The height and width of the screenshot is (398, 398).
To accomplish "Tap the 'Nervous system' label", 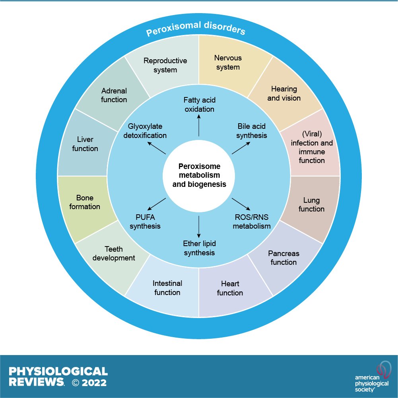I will [x=228, y=62].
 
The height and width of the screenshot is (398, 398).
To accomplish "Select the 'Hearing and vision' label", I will [x=284, y=93].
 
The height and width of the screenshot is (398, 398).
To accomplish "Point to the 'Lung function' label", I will [x=311, y=205].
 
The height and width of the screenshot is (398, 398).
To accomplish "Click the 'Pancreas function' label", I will [x=283, y=258].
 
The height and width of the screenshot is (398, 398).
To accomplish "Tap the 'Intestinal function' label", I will [x=167, y=288].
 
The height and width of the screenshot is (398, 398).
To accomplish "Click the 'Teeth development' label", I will [x=114, y=254].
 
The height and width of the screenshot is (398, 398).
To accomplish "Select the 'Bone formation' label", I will [x=84, y=202].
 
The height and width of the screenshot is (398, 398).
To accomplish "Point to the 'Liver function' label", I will [x=85, y=144].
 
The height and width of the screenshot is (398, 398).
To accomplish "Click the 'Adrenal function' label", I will [x=114, y=95].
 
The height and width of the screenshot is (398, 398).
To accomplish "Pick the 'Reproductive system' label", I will [x=165, y=65].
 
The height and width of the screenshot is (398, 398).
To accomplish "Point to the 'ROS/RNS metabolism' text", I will [x=252, y=222].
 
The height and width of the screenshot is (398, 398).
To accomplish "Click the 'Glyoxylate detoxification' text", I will [x=147, y=131].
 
